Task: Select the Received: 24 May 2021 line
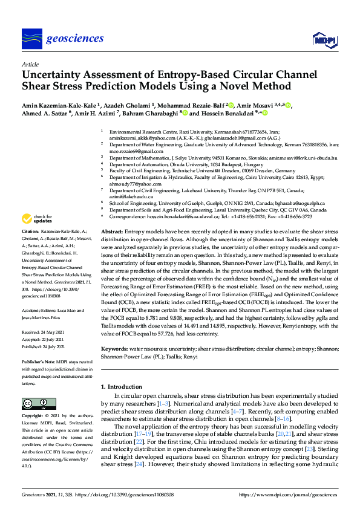pos(44,315)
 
